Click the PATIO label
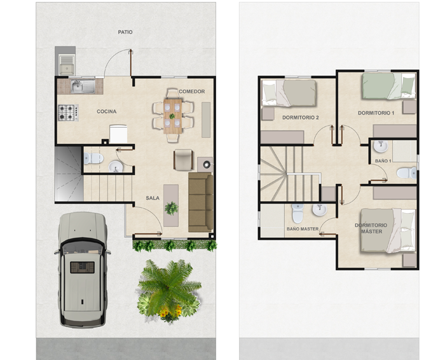pos(125,32)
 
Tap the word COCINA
pos(106,111)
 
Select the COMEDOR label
pos(192,92)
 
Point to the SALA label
pos(153,198)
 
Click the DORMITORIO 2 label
pos(301,118)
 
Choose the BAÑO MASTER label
pos(303,229)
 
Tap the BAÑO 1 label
pos(383,161)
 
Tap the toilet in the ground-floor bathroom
pos(93,158)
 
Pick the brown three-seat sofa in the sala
pos(201,202)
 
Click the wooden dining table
pos(172,116)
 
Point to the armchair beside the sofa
pos(184,160)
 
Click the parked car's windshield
pos(82,247)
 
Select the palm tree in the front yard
pos(168,290)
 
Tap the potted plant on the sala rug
pos(171,208)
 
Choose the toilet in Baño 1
pos(407,173)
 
